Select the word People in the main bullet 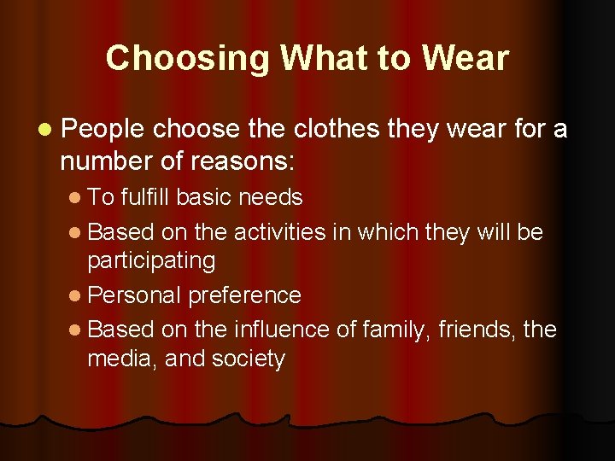[103, 129]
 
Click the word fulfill [149, 197]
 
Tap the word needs [271, 197]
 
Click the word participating [151, 260]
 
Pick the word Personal [134, 295]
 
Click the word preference [244, 295]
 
